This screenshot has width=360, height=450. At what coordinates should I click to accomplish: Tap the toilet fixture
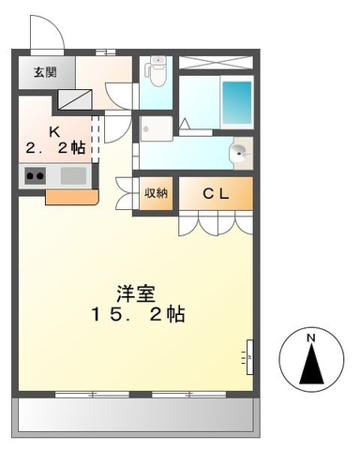pyautogui.click(x=157, y=70)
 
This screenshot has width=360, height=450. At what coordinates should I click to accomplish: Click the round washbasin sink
pyautogui.click(x=240, y=153)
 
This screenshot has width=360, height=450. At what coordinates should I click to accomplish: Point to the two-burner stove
pyautogui.click(x=35, y=175)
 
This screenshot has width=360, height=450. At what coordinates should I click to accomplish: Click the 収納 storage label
pyautogui.click(x=155, y=193)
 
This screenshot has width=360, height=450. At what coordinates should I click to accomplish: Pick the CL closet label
pyautogui.click(x=217, y=193)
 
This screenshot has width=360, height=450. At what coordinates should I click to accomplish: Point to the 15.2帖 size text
pyautogui.click(x=138, y=314)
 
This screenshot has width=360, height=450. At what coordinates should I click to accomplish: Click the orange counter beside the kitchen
pyautogui.click(x=70, y=197)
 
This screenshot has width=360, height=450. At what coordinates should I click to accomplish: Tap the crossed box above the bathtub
pyautogui.click(x=216, y=64)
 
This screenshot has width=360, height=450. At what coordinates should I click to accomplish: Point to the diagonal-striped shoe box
pyautogui.click(x=74, y=97)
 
